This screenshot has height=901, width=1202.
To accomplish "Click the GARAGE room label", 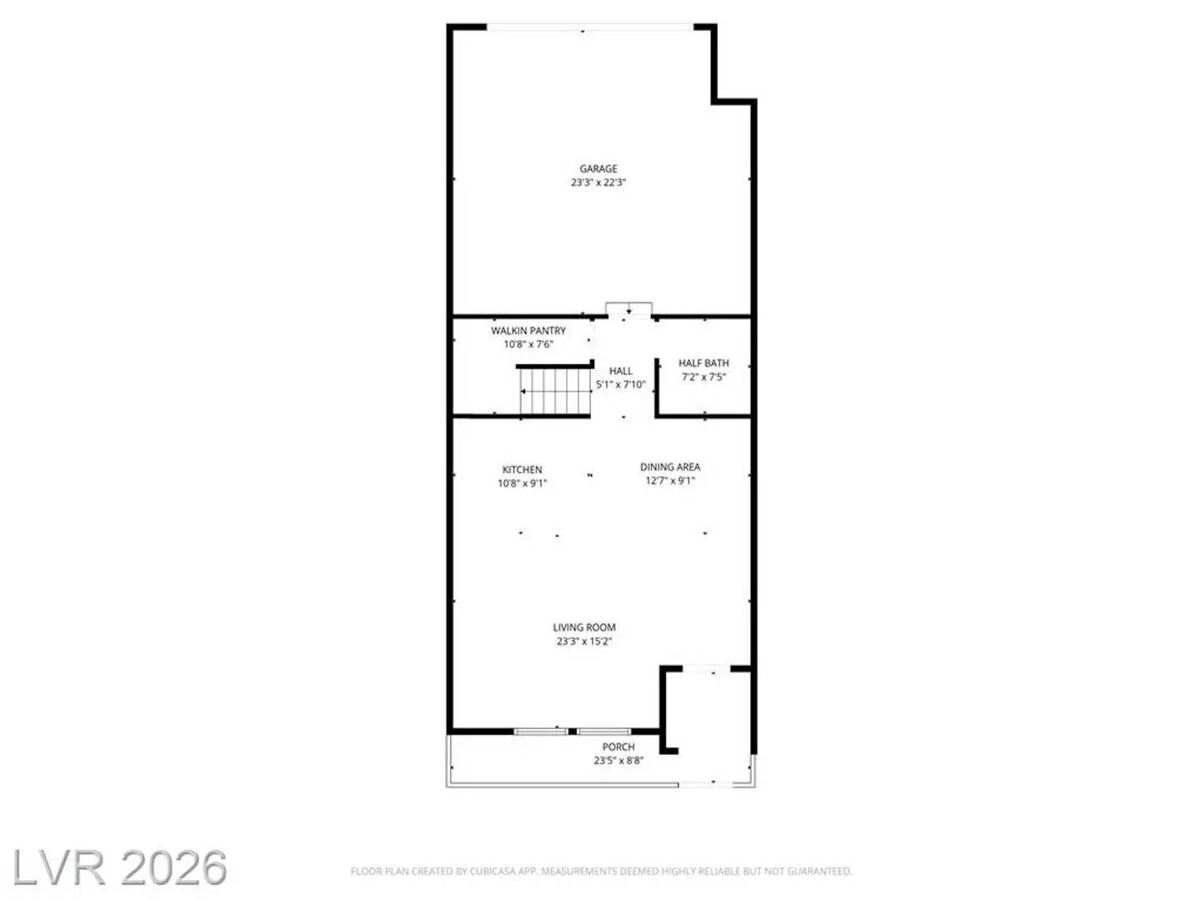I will point(598,169).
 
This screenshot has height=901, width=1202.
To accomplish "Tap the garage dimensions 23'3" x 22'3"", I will point(598,183).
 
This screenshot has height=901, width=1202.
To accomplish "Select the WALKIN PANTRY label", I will point(528,331).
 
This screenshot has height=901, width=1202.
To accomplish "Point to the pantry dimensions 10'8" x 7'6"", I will point(528,345).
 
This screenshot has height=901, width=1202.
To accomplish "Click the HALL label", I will point(620,371).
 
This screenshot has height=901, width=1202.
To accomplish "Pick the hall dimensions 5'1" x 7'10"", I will point(620,385).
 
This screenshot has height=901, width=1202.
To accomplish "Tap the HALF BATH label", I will point(704,363).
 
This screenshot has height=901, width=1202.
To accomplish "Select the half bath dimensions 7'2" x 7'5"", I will point(704,377).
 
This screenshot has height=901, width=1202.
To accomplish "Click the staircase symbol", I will point(554,391).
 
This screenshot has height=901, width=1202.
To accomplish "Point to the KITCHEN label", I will point(523,470).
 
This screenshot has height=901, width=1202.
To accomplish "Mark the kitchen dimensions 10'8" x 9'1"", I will point(523,484).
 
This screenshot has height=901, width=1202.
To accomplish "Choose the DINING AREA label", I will point(670,467).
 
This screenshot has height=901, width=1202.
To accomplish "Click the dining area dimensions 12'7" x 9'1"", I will point(670,481).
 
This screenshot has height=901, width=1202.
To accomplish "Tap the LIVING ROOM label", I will point(584,627).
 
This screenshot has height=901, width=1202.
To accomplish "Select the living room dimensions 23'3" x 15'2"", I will point(584,642).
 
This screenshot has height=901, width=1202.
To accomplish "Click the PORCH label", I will point(619,747).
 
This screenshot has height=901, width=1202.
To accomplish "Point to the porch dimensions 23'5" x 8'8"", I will point(619,761).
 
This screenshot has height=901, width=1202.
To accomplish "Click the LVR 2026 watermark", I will point(119,868).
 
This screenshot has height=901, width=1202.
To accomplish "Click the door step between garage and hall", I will point(629,310).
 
